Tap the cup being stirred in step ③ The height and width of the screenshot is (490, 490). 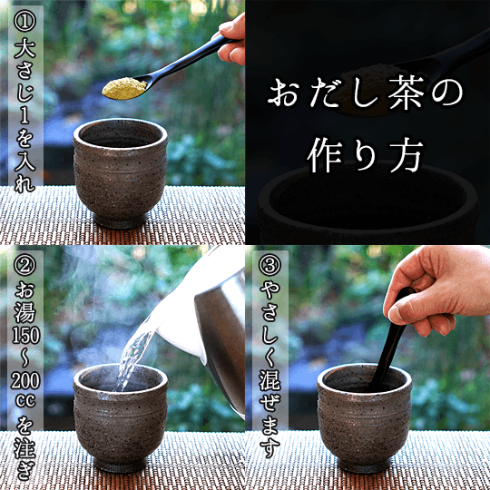[x=364, y=417]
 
